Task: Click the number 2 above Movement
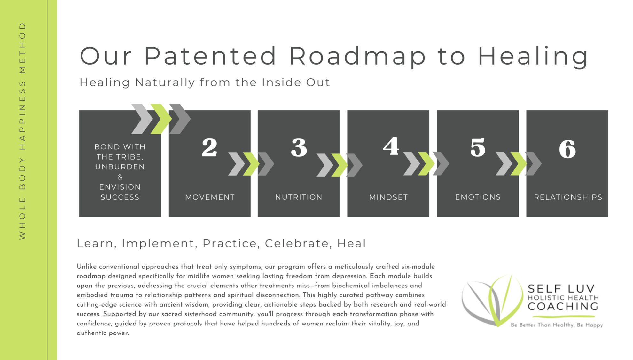tap(210, 147)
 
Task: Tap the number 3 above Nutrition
tap(299, 147)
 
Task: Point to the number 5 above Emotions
tap(478, 147)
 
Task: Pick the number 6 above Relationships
tap(567, 149)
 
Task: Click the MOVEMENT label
tap(210, 197)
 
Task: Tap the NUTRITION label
tap(299, 197)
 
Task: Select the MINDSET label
tap(388, 197)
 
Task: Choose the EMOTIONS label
tap(478, 197)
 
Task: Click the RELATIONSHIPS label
tap(568, 197)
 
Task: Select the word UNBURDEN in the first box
tap(120, 167)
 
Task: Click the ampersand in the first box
tap(120, 177)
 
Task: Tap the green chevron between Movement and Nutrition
tap(251, 164)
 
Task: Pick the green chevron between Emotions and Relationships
tap(519, 164)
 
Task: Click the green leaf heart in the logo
tap(505, 301)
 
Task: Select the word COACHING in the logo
tap(563, 306)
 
